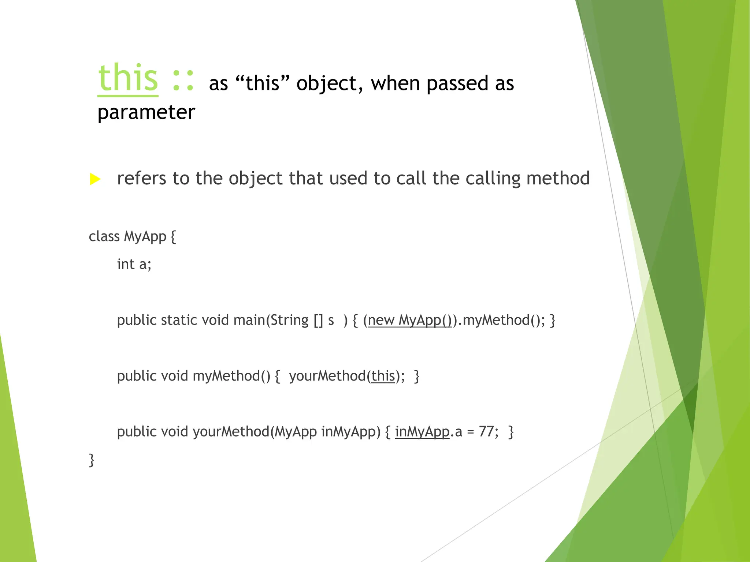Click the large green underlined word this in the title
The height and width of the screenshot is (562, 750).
point(128,78)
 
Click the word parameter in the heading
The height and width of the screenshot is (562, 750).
point(146,112)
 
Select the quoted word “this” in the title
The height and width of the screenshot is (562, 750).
point(263,83)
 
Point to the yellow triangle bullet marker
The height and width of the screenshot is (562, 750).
point(95,179)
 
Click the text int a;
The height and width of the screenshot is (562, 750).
point(134,264)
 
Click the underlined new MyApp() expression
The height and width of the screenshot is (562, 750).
point(410,320)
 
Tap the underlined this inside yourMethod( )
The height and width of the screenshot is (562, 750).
point(383,376)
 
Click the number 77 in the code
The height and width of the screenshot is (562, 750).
point(486,432)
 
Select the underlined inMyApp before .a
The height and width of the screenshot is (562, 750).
point(422,432)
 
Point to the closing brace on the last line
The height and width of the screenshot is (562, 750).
point(92,460)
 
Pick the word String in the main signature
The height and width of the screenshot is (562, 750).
point(290,320)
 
